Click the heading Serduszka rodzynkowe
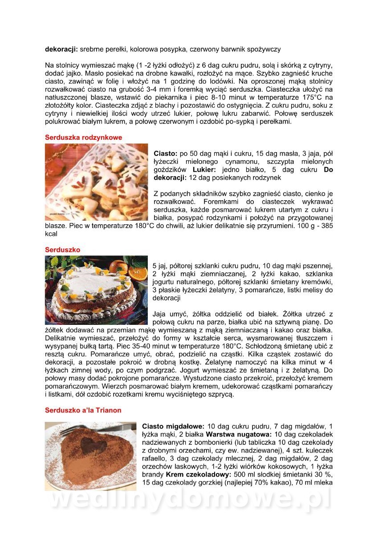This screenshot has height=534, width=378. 83,138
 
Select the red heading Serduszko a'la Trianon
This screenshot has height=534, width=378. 83,410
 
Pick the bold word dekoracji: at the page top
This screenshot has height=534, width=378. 61,49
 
